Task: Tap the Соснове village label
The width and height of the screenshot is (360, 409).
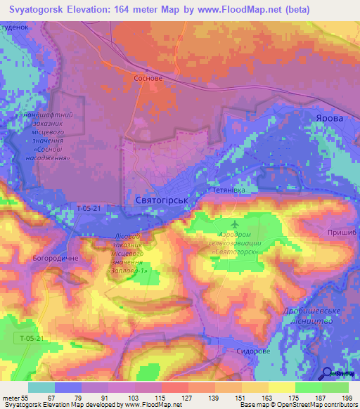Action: click(x=148, y=79)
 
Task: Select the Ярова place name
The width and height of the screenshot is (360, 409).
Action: click(x=329, y=118)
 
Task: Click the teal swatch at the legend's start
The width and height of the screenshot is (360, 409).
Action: click(x=41, y=387)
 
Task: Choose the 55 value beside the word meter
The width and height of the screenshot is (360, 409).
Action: click(x=28, y=397)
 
